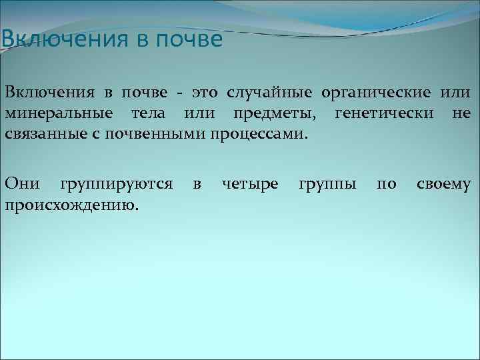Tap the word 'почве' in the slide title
[189, 39]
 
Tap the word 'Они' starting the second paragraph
[23, 183]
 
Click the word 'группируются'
[117, 184]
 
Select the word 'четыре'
[250, 184]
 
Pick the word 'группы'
[327, 184]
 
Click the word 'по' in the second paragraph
[387, 183]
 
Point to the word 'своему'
[444, 183]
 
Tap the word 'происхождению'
[72, 204]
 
